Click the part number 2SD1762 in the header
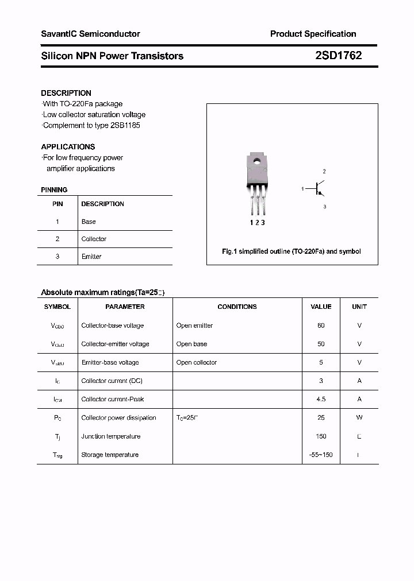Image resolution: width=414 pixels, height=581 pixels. coord(338,56)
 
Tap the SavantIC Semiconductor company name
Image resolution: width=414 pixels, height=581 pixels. coord(90,34)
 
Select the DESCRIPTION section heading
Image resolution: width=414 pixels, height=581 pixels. coord(66,93)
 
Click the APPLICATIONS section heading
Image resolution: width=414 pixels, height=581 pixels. coord(68,147)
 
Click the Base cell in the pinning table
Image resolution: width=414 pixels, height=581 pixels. coord(89,222)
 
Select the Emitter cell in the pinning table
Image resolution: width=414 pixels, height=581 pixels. coord(91,257)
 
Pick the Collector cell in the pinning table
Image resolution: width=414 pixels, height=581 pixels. coord(94,239)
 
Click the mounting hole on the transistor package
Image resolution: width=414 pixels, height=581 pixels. coord(257,162)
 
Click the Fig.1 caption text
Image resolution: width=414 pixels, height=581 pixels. coord(292,251)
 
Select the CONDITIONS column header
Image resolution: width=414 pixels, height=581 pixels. coord(237,307)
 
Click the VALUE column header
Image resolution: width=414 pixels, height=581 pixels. coord(321,307)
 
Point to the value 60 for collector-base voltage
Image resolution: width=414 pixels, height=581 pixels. coord(321,326)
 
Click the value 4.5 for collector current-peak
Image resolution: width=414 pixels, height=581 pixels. coord(321,399)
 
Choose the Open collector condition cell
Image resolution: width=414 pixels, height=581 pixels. coord(197,362)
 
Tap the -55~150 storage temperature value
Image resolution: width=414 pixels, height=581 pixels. coord(321,455)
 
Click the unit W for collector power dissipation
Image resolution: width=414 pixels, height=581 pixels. coord(359,417)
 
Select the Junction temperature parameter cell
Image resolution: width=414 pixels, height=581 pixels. coord(111,436)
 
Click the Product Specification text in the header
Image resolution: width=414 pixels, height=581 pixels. coord(313,34)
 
